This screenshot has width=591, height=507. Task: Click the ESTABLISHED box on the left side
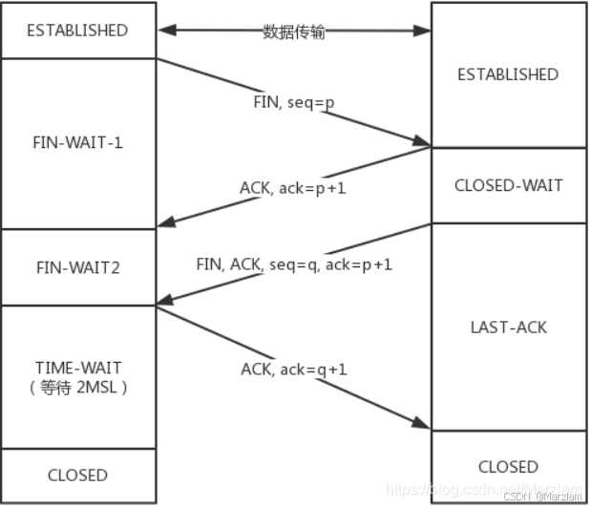[77, 31]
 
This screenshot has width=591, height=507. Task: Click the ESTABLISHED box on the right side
[508, 74]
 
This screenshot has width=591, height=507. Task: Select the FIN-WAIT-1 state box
[77, 143]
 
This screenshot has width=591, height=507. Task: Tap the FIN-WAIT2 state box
[77, 268]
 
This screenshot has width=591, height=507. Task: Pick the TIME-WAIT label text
[77, 368]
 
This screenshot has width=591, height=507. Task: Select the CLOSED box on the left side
[77, 475]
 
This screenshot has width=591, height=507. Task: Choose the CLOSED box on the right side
[508, 467]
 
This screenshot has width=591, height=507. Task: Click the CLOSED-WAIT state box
[508, 185]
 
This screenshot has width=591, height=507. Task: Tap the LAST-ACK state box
[508, 327]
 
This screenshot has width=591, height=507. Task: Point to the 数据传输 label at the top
[294, 32]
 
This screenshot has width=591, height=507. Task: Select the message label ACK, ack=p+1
[292, 188]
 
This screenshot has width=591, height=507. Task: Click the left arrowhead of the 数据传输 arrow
[165, 32]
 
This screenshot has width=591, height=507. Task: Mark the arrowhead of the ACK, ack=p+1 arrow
[164, 226]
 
